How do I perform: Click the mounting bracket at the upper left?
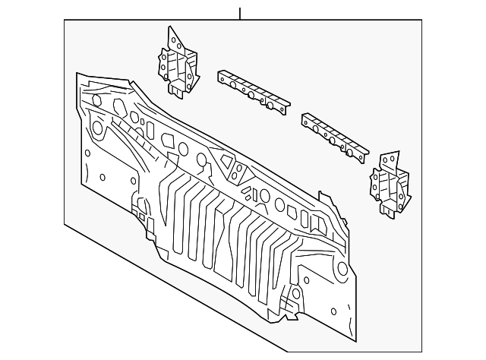[x=177, y=65]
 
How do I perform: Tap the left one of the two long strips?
[x=253, y=90]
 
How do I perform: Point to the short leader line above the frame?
[x=240, y=13]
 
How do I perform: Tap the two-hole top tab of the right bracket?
[x=390, y=159]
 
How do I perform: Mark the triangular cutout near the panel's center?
[x=225, y=162]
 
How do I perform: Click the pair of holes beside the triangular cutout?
[x=240, y=172]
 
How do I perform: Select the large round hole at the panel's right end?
[x=342, y=268]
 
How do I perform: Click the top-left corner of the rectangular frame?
[x=65, y=21]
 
